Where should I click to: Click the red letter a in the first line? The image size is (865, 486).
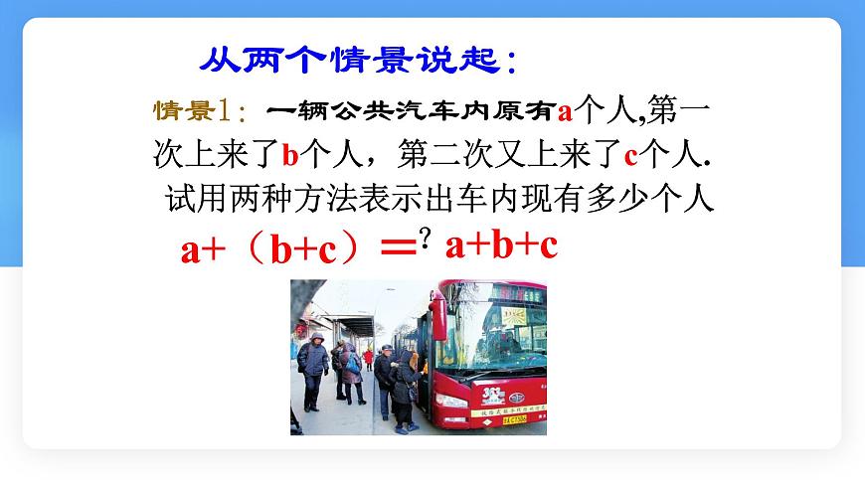point(566,110)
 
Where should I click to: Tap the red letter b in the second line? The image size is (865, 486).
point(290,155)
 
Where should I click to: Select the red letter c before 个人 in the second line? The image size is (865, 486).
point(629,155)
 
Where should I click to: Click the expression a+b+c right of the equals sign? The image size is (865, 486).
point(501,245)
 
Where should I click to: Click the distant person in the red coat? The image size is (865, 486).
point(368,357)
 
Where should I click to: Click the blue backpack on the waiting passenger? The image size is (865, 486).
point(353,365)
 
